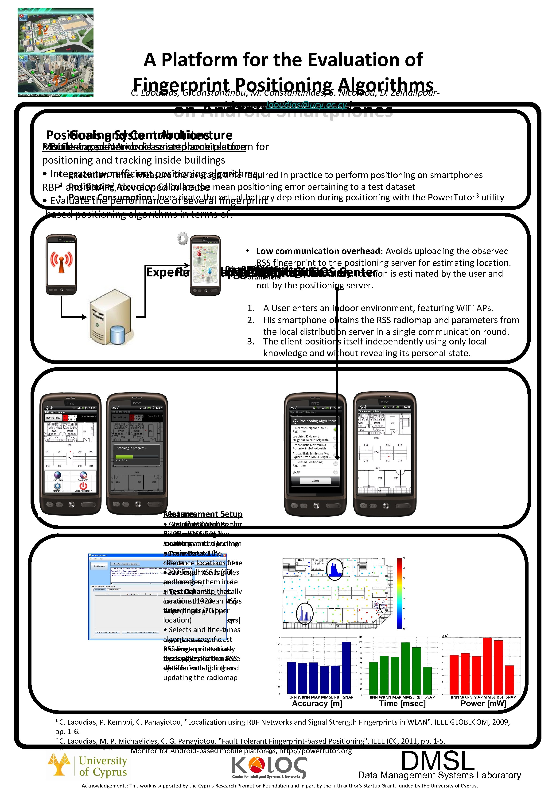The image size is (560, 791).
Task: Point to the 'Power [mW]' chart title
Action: [483, 703]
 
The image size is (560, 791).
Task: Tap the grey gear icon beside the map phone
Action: [183, 238]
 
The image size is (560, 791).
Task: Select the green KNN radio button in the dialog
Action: [335, 429]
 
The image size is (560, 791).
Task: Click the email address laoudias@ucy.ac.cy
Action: [306, 105]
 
